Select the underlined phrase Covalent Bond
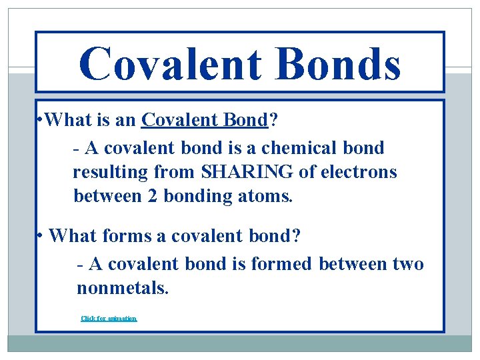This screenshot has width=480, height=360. click(x=204, y=120)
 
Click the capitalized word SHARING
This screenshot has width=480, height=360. click(x=245, y=172)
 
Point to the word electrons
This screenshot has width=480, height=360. click(x=359, y=172)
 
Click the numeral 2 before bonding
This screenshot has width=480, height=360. click(x=154, y=197)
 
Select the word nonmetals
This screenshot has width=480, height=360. click(x=122, y=289)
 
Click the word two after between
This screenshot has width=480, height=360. click(x=406, y=264)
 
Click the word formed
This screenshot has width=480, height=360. click(x=281, y=264)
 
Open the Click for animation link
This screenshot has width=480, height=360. click(x=109, y=319)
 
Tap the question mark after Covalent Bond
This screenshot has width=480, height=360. click(x=273, y=120)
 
